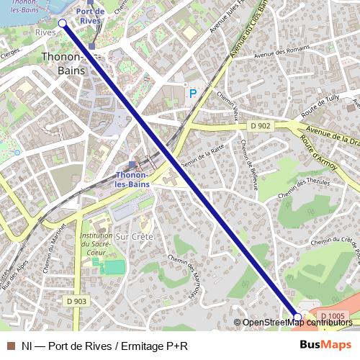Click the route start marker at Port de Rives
click(x=62, y=24)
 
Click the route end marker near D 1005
click(x=298, y=316)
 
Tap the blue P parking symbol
click(x=192, y=93)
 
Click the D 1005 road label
click(x=332, y=316)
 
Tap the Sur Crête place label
click(x=132, y=235)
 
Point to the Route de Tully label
click(x=320, y=111)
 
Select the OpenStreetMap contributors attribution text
click(x=297, y=323)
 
